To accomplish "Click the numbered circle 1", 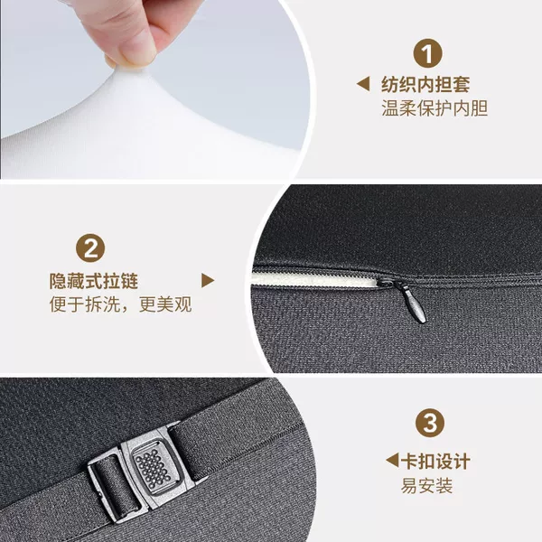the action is [427, 53].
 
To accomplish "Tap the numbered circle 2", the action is [90, 248].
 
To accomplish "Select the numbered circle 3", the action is [430, 423].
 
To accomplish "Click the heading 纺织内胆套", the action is [425, 84].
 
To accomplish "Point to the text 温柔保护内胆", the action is [435, 108].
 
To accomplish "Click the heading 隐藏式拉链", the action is [94, 281].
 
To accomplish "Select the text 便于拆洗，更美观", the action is [120, 304].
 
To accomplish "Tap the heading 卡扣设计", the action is [435, 461].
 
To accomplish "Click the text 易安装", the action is [426, 486].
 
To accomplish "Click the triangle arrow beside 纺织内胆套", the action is [364, 84].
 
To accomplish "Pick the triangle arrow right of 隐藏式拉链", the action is [207, 280].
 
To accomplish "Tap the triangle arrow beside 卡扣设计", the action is [392, 461].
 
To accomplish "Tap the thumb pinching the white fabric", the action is [131, 42].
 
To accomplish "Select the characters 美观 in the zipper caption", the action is [174, 304].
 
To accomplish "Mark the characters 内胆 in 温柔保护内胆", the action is [470, 108].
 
